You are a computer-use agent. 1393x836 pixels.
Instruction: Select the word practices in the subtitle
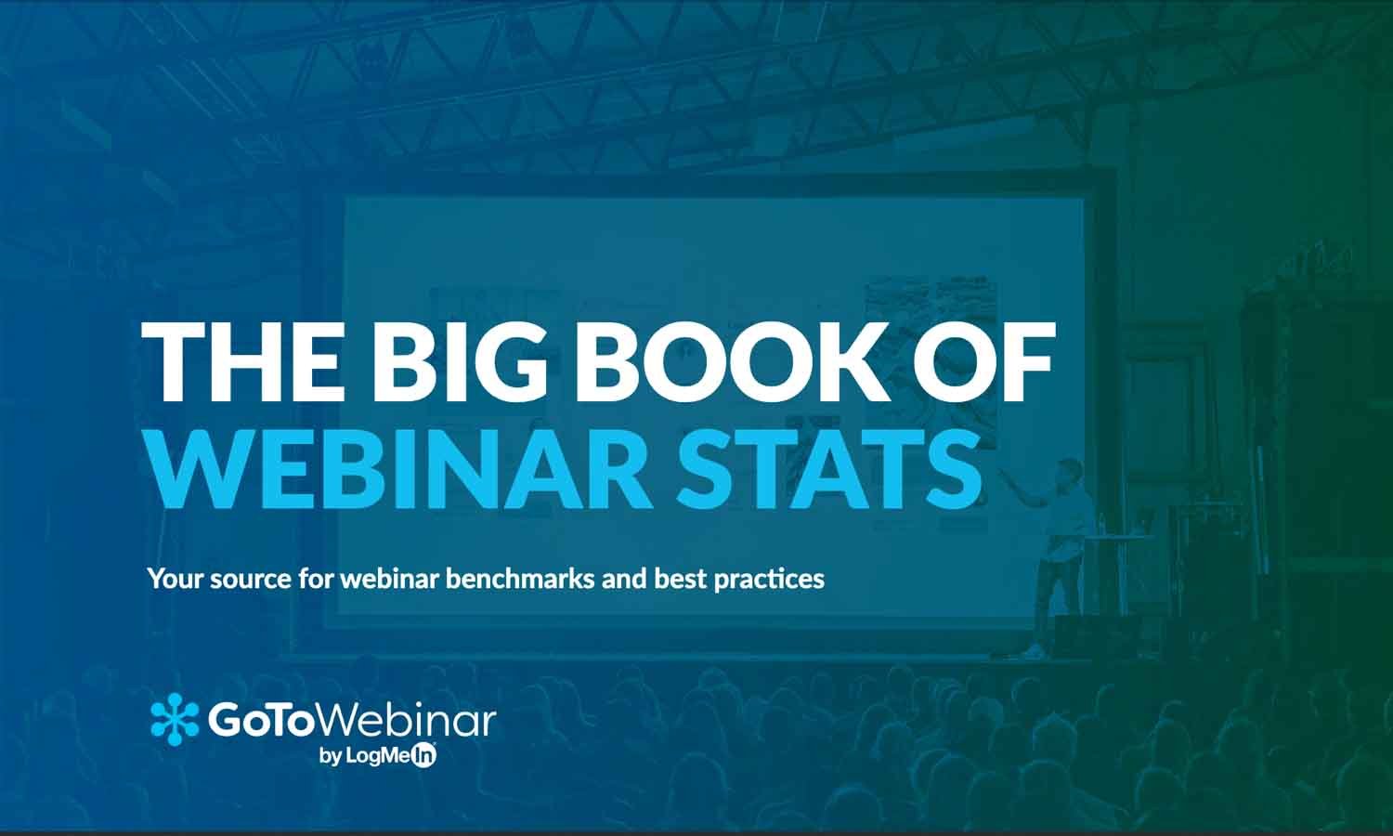768,580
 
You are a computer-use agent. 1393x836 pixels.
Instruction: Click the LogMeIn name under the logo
390,756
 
